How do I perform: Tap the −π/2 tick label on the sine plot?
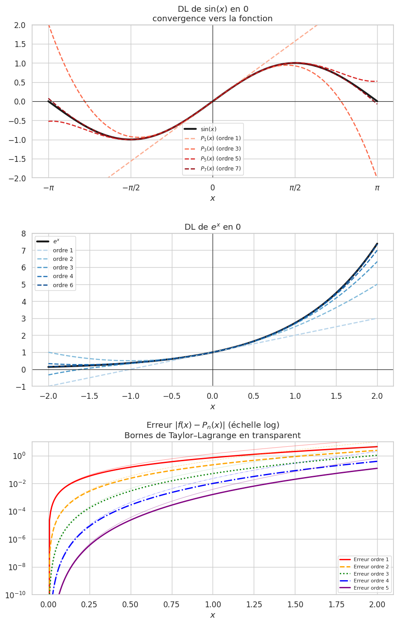coord(131,188)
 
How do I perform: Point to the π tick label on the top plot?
coord(377,188)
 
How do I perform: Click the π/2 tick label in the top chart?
coord(295,188)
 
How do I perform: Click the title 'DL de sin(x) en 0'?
coord(213,9)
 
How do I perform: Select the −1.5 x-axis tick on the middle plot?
coord(90,396)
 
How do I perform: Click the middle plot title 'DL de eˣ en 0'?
coord(213,227)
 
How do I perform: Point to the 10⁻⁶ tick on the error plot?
coord(19,539)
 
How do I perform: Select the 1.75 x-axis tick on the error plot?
coord(336,605)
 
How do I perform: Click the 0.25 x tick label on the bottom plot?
coord(90,605)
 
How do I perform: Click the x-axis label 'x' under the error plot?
coord(213,615)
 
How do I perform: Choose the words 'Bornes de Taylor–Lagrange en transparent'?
coord(213,436)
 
